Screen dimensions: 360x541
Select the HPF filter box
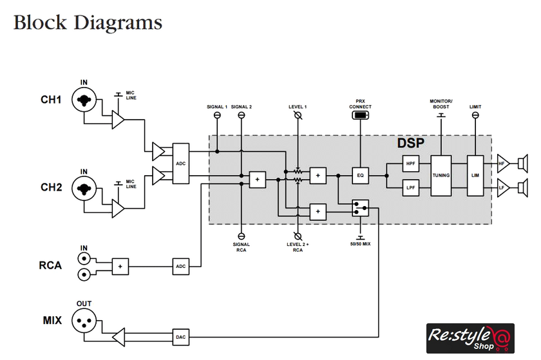pos(411,164)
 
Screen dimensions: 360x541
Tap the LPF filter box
pos(411,187)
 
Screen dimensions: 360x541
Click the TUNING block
pos(441,175)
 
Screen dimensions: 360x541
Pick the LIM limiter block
pos(475,175)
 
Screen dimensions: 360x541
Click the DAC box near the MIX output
pos(181,336)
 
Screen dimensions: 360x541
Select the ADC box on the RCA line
pos(181,265)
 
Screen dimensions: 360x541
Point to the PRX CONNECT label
pos(360,104)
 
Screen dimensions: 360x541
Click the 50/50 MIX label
pos(360,245)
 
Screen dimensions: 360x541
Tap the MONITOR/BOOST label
pos(441,104)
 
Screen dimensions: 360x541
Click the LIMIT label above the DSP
pos(475,106)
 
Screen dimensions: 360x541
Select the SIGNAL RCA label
pos(242,247)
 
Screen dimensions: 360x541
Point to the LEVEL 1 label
pos(297,106)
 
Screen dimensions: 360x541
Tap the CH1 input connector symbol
pos(84,100)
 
